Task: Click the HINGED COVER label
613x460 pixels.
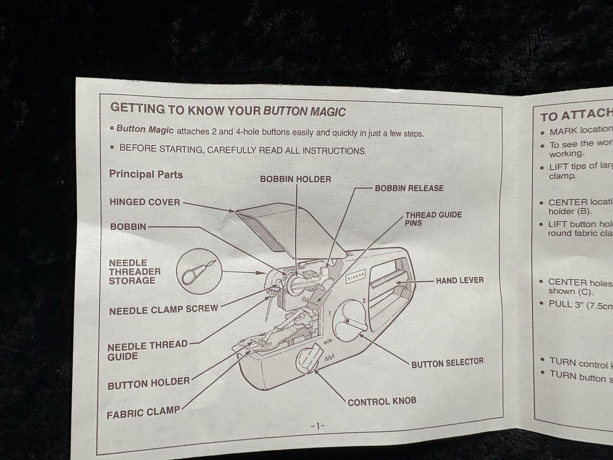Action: tap(145, 202)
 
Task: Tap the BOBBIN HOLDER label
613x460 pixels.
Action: tap(295, 179)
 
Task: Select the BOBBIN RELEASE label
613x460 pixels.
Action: tap(409, 188)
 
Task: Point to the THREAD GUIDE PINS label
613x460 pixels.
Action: tap(433, 219)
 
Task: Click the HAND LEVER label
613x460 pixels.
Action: tap(460, 280)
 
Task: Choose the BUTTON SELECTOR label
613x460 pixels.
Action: tap(447, 363)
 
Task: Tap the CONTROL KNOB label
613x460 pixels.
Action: tap(382, 402)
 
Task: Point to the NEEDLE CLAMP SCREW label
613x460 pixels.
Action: tap(163, 310)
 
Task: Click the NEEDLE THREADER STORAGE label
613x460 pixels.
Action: tap(135, 272)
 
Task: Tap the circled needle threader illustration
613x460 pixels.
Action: tap(199, 270)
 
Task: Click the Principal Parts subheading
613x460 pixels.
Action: tap(146, 174)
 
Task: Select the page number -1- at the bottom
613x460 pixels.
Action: tap(317, 426)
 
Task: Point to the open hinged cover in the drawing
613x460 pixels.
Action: tap(282, 224)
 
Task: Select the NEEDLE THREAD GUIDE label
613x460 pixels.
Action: tap(147, 350)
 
